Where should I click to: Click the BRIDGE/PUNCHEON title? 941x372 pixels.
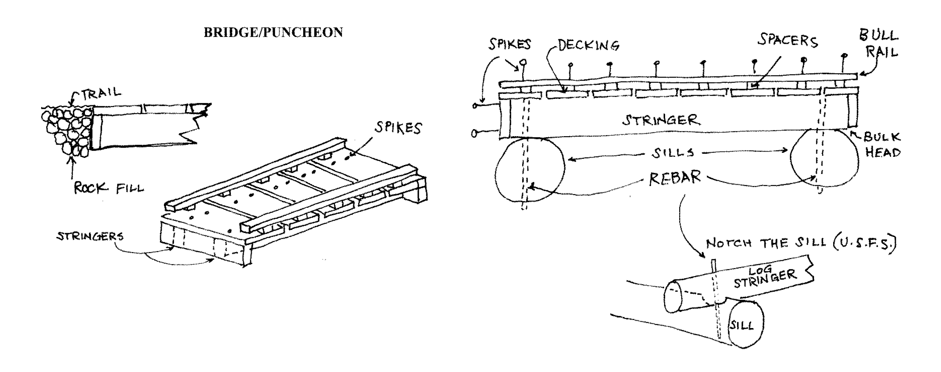click(273, 32)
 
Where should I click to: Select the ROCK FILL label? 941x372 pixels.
click(109, 189)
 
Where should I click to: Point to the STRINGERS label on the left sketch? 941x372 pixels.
click(90, 236)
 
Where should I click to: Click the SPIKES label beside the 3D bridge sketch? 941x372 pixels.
click(398, 128)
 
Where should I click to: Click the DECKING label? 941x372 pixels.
click(588, 46)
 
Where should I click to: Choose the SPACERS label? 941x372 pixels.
click(787, 41)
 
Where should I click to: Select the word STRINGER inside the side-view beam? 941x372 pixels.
click(661, 120)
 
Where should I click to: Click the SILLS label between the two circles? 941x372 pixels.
click(673, 153)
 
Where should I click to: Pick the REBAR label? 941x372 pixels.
click(675, 178)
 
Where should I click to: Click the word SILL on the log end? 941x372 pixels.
click(742, 326)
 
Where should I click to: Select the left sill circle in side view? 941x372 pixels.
click(530, 170)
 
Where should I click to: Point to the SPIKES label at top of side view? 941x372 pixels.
click(510, 45)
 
